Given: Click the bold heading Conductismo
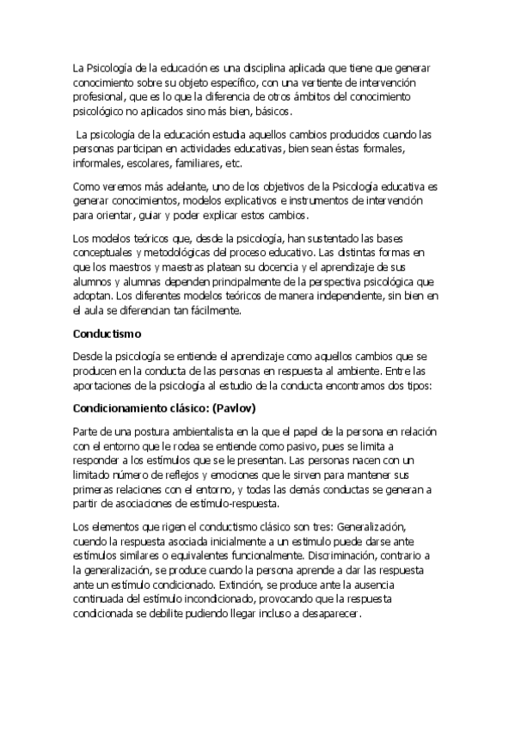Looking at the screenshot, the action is coord(107,330).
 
